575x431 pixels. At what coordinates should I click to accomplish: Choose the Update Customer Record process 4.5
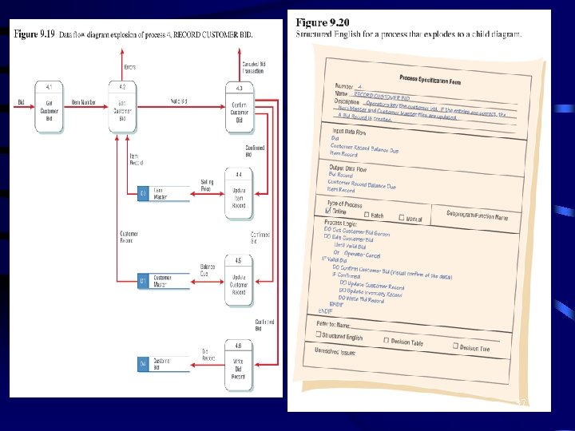[239, 280]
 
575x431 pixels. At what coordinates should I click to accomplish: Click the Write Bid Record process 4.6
[239, 367]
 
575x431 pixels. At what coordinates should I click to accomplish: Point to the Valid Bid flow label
[179, 101]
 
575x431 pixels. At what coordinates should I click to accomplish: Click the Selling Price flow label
[207, 185]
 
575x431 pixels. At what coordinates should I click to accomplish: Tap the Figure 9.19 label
[34, 34]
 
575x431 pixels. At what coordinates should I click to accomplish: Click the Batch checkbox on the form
[367, 215]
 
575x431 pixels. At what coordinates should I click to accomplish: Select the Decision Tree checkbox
[455, 346]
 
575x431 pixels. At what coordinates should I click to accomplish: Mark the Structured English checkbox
[319, 335]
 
